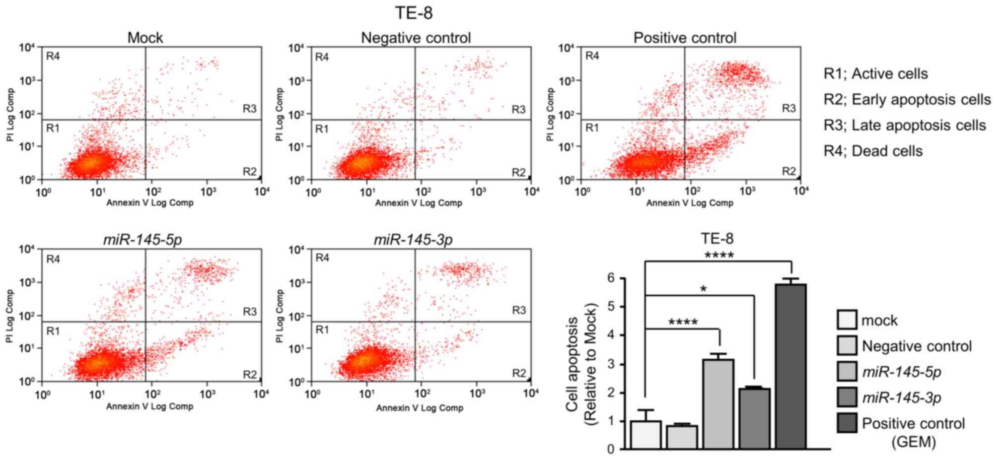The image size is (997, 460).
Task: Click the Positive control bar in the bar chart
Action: point(790,367)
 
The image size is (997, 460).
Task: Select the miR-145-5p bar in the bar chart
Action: point(718,404)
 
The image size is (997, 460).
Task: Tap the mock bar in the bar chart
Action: point(645,435)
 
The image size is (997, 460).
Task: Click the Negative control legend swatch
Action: point(847,346)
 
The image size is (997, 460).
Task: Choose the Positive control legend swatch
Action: point(847,423)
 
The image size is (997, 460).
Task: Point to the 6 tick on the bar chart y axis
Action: point(616,278)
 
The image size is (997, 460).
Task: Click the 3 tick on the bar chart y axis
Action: point(616,364)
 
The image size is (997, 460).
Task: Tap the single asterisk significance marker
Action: point(704,289)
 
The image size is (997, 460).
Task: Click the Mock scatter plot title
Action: point(145,38)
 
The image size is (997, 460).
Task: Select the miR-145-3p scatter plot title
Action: point(413,240)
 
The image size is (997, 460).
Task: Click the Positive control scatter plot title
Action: point(685,38)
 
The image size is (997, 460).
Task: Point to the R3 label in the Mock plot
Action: point(249,109)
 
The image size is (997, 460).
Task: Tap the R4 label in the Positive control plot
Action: point(592,56)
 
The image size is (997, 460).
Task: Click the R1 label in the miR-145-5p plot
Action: point(53,331)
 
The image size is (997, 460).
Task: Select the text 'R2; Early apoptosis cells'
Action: point(907,100)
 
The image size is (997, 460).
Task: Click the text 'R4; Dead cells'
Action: point(873,151)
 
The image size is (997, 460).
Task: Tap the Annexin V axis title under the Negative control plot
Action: point(419,203)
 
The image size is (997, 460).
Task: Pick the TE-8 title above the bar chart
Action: point(716,239)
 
